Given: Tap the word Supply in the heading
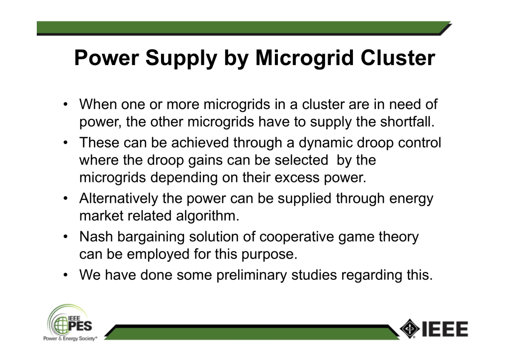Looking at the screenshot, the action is coord(181,59).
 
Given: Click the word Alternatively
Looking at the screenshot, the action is coord(118,198).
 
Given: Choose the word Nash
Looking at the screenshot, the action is coord(96,237).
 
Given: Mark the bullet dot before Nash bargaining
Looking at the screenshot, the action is coord(66,237).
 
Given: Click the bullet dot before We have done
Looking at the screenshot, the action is coord(66,275).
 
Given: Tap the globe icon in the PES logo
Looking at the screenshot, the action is coord(61,325).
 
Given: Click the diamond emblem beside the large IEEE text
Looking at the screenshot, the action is coord(410,329).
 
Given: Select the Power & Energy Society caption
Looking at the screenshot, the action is coord(70,339).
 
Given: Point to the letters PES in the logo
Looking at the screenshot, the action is coord(80,326).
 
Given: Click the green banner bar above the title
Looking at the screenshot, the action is coord(244,28).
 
